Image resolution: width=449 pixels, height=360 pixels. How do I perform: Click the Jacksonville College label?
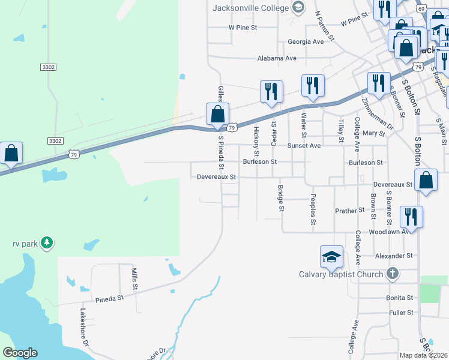click(x=251, y=8)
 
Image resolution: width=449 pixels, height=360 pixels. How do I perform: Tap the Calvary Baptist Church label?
click(x=341, y=275)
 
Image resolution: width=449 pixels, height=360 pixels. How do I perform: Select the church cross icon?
click(x=392, y=274)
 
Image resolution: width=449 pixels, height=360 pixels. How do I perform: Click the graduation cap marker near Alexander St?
click(x=331, y=257)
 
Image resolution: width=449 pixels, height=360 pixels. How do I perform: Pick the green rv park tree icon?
click(x=47, y=244)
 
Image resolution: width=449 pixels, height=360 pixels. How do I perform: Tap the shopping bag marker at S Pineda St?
click(x=217, y=113)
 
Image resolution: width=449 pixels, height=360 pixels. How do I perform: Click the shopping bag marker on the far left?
click(x=11, y=153)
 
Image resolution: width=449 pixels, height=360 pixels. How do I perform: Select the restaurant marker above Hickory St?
click(x=271, y=91)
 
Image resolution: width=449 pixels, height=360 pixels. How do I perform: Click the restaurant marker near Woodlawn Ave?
click(x=411, y=217)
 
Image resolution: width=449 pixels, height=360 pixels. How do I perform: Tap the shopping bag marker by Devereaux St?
click(x=426, y=180)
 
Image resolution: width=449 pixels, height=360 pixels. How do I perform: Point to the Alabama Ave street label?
click(x=277, y=58)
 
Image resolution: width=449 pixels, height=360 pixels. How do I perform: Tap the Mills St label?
click(x=134, y=278)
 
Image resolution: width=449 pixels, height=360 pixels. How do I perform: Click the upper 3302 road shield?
click(x=49, y=67)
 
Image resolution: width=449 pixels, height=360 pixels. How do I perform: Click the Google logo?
click(x=20, y=353)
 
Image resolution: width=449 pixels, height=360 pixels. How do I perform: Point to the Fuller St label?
click(x=401, y=313)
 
